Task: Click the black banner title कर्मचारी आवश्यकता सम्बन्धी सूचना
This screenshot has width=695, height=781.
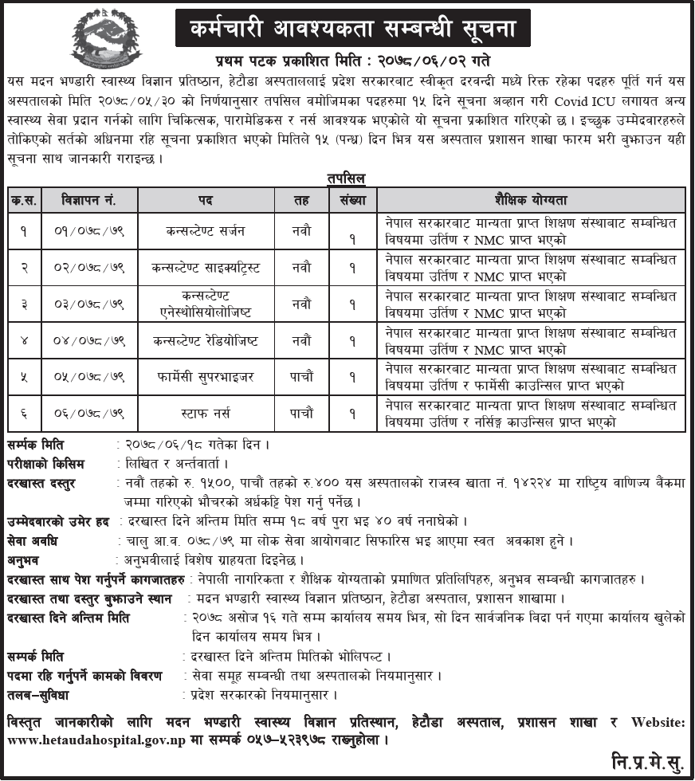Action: [x=353, y=31]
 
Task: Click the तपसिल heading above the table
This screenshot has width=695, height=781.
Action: [x=347, y=179]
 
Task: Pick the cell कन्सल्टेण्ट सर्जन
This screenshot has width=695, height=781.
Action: [x=206, y=231]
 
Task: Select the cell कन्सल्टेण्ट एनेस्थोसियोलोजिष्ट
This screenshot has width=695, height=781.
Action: [x=206, y=303]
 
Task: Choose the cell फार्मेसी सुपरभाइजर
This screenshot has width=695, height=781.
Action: [x=206, y=378]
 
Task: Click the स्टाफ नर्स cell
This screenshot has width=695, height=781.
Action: [x=206, y=414]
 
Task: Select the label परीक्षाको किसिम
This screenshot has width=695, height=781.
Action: [x=45, y=464]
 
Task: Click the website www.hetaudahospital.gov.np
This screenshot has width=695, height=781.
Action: [x=96, y=740]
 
